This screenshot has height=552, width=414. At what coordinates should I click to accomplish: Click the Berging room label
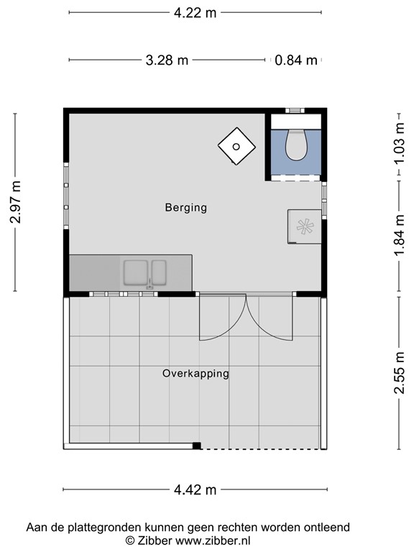point(185,208)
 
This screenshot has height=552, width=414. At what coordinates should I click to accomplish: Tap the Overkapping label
point(195,373)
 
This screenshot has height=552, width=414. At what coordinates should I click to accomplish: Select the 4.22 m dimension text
point(195,12)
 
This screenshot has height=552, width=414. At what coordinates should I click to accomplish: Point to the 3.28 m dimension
point(167,60)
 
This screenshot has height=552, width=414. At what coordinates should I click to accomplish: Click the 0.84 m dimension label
point(296,60)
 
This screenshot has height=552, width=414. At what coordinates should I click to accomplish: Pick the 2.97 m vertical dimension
point(16,202)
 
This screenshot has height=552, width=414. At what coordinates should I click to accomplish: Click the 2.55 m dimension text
point(400,372)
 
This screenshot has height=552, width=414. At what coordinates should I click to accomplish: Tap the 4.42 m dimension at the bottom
point(195,490)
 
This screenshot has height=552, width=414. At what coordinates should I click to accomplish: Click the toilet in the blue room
point(295,143)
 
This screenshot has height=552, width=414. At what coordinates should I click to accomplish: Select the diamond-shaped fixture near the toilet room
point(236,147)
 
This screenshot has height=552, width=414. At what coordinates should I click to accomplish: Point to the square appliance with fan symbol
point(305,226)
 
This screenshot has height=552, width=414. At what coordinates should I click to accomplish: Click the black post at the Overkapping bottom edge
point(196,446)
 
